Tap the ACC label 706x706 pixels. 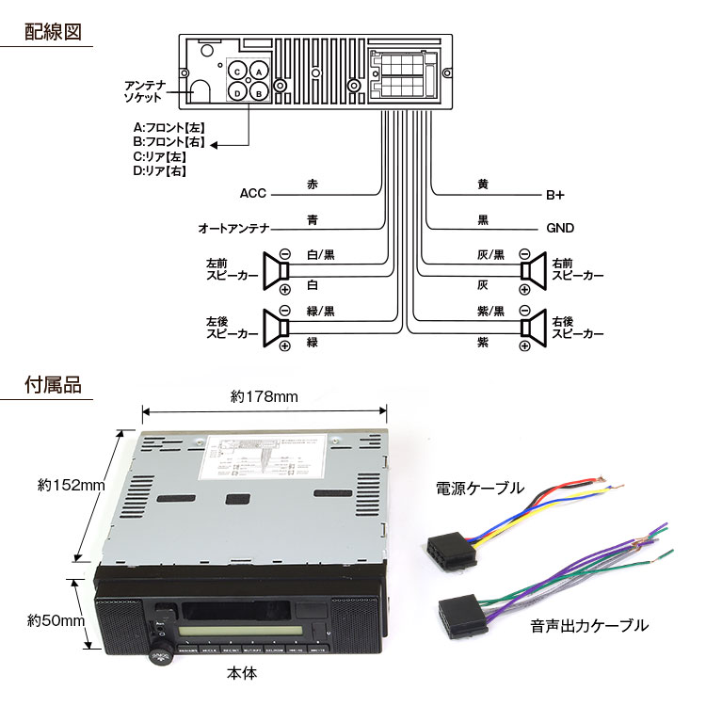pyautogui.click(x=253, y=194)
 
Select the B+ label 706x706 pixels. pyautogui.click(x=555, y=196)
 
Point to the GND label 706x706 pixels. pyautogui.click(x=560, y=229)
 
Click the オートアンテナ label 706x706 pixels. pyautogui.click(x=234, y=229)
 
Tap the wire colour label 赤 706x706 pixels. pyautogui.click(x=313, y=185)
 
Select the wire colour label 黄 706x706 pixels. pyautogui.click(x=483, y=185)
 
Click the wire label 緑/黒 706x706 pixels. pyautogui.click(x=321, y=311)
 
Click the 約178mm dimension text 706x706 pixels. pyautogui.click(x=264, y=396)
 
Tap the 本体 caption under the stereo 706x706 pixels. pyautogui.click(x=242, y=674)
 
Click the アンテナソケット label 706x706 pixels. pyautogui.click(x=145, y=91)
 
